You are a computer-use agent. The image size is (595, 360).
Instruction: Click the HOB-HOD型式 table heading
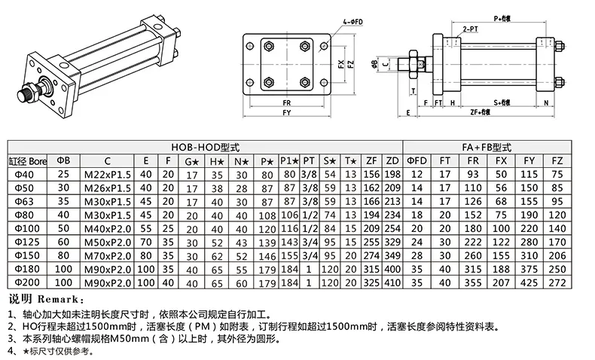point(204,148)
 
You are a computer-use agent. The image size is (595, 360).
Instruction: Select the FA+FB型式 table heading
point(487,148)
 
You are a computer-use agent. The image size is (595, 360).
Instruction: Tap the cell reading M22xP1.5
point(108,174)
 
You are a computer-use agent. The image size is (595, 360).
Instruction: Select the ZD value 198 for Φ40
point(392,174)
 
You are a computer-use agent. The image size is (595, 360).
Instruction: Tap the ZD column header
point(392,160)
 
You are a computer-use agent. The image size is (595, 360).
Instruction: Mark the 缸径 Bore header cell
point(28,160)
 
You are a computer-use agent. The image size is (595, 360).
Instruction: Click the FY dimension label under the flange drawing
point(286,112)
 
